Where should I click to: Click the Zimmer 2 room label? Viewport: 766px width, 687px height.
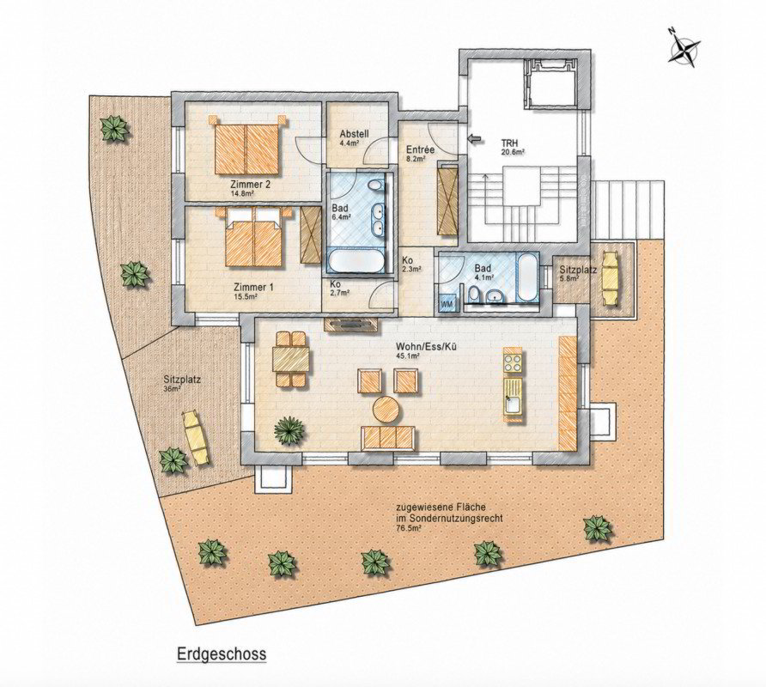click(x=250, y=185)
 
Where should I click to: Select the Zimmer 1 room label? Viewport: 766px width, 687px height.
click(x=253, y=288)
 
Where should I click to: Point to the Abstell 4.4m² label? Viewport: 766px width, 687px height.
click(x=354, y=137)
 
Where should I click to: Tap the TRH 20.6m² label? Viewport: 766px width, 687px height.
click(x=513, y=147)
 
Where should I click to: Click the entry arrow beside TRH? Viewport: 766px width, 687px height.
click(x=474, y=139)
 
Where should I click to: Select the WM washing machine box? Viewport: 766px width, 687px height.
click(x=447, y=303)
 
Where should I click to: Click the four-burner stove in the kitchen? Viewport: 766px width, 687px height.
click(x=514, y=362)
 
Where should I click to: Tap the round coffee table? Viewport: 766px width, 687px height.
click(x=386, y=409)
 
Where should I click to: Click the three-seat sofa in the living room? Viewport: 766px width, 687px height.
click(x=388, y=438)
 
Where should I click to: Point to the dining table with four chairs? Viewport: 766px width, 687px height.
click(x=292, y=360)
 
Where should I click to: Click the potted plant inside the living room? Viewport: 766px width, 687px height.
click(x=289, y=429)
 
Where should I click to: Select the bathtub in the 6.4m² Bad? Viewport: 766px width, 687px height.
click(x=359, y=261)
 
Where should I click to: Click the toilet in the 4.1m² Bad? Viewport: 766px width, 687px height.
click(x=473, y=295)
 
